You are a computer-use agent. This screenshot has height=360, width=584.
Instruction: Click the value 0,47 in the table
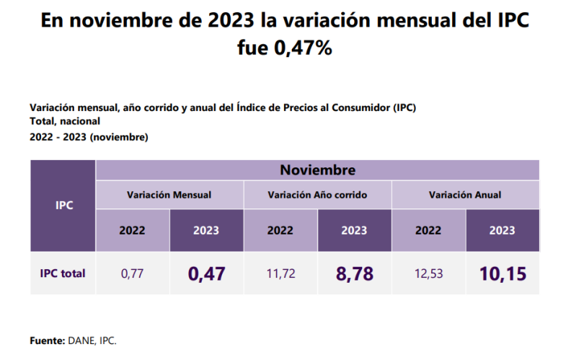pos(207,273)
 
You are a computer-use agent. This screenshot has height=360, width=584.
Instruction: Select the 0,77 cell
pos(133,273)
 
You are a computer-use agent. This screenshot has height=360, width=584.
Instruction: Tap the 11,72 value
pos(280,273)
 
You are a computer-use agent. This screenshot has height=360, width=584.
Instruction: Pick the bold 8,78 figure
pos(354,273)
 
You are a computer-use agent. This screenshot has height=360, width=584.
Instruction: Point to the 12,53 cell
pos(428,273)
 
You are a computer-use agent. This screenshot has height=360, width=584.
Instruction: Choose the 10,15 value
pos(503,273)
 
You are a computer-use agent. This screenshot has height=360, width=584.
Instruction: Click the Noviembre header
pos(317,170)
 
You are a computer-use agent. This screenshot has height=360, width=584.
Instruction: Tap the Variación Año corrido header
pos(317,195)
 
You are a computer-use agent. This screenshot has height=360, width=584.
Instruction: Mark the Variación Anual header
pos(465,195)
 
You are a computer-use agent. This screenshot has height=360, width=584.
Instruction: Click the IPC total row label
pos(63,273)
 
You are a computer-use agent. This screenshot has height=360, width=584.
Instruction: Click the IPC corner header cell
pos(63,206)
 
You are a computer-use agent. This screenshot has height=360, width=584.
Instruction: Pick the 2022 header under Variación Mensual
pos(133,231)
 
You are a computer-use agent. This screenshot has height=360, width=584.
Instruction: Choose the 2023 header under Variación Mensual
pos(207,231)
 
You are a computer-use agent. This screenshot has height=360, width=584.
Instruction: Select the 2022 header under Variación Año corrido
pos(280,231)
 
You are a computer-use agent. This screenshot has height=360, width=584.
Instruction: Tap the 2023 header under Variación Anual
pos(503,231)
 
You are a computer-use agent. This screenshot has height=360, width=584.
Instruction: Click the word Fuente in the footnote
pos(47,340)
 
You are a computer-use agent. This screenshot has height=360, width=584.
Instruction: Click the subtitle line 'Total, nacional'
pos(65,122)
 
